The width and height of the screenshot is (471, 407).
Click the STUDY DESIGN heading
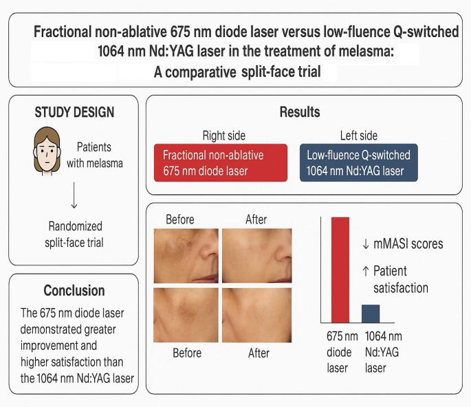tap(74, 112)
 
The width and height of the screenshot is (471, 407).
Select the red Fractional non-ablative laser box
tap(220, 162)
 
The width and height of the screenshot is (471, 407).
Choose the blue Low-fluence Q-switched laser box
tap(369, 162)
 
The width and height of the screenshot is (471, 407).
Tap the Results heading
tap(300, 112)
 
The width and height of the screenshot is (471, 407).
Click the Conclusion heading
tap(74, 290)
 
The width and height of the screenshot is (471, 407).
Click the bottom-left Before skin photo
tap(185, 314)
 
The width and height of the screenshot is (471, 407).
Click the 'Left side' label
tap(358, 136)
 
